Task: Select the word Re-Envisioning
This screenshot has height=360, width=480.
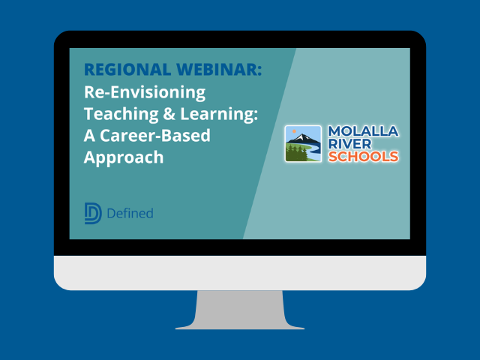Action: (x=144, y=93)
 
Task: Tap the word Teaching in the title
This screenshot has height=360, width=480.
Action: (x=119, y=115)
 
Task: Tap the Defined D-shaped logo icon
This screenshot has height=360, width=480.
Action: (x=93, y=214)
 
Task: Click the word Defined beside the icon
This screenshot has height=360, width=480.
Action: (x=130, y=214)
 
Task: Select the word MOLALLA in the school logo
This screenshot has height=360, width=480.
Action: (x=364, y=131)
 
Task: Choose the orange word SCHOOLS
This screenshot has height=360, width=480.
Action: (x=364, y=157)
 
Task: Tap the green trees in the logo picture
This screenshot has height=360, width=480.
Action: (x=295, y=154)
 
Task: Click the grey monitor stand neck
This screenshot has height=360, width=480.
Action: (x=240, y=307)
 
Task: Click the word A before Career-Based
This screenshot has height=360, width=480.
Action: (x=90, y=136)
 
